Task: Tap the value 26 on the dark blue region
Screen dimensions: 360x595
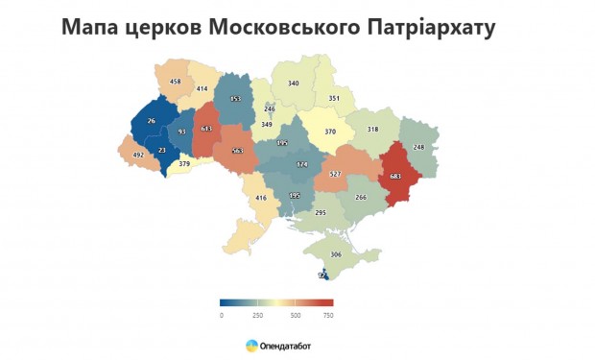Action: pyautogui.click(x=151, y=121)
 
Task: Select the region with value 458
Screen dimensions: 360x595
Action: pyautogui.click(x=175, y=82)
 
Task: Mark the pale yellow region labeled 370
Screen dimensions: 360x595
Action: pyautogui.click(x=329, y=132)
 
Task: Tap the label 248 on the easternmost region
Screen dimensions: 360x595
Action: pyautogui.click(x=418, y=147)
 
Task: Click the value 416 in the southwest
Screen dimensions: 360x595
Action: pyautogui.click(x=259, y=198)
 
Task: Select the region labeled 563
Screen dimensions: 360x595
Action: pyautogui.click(x=236, y=151)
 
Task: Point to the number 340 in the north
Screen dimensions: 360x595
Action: pyautogui.click(x=294, y=84)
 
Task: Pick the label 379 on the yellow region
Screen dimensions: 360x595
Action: pyautogui.click(x=185, y=163)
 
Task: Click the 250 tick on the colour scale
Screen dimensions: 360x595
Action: pyautogui.click(x=258, y=315)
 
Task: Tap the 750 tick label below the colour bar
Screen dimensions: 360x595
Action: pyautogui.click(x=327, y=315)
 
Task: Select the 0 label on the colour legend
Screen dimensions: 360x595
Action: pyautogui.click(x=222, y=315)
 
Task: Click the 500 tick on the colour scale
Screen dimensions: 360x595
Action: pyautogui.click(x=295, y=315)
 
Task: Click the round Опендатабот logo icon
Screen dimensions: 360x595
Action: pyautogui.click(x=251, y=345)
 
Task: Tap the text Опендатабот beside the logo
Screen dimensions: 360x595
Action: pyautogui.click(x=285, y=345)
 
